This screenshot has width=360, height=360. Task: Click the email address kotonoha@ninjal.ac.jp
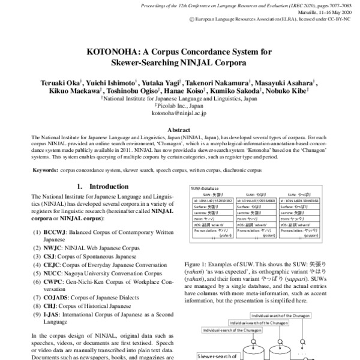[x=179, y=112]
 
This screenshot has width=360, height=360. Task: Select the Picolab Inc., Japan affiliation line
[x=180, y=103]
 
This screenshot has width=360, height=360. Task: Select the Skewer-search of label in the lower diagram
[x=217, y=355]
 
